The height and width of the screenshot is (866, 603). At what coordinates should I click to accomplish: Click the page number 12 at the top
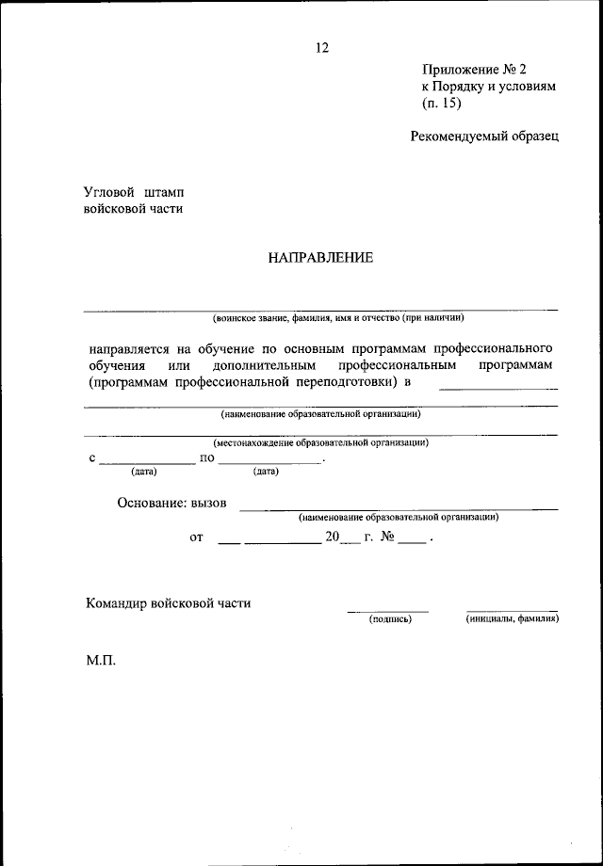pyautogui.click(x=321, y=48)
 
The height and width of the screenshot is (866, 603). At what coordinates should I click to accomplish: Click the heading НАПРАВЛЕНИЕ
pyautogui.click(x=320, y=257)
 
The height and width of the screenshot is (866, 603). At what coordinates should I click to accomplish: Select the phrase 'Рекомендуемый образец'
pyautogui.click(x=484, y=136)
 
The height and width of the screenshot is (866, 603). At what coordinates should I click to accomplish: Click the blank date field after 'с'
pyautogui.click(x=147, y=461)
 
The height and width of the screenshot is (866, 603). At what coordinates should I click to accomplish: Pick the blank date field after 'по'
pyautogui.click(x=269, y=461)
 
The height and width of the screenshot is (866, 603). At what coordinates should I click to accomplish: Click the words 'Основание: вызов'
pyautogui.click(x=172, y=503)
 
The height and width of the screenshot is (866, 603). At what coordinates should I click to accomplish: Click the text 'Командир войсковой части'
pyautogui.click(x=168, y=602)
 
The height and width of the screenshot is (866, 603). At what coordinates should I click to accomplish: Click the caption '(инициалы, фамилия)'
pyautogui.click(x=513, y=619)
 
